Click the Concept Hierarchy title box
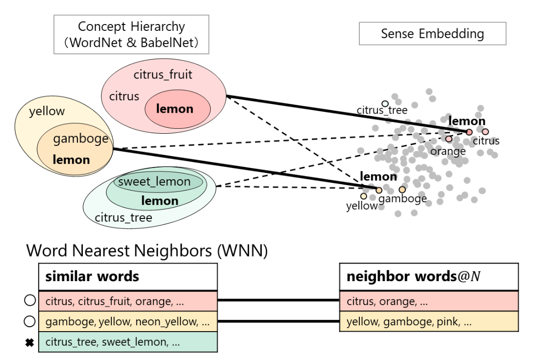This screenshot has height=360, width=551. (131, 34)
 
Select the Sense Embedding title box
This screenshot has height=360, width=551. (432, 34)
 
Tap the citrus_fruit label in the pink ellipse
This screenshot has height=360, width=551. (163, 75)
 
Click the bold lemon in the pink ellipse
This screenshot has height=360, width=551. (175, 109)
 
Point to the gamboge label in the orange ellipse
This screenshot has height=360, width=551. (80, 139)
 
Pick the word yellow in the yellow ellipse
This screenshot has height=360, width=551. (47, 111)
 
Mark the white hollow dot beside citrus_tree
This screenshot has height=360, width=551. (385, 104)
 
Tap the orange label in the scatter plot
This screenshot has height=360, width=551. (448, 151)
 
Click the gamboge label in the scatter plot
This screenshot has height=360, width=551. (402, 198)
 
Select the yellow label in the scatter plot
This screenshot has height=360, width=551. (362, 206)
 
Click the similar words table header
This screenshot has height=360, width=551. (128, 276)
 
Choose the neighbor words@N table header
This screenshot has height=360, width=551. (429, 276)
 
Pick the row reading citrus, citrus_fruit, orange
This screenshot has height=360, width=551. (128, 301)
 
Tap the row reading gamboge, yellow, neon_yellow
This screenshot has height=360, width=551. (128, 321)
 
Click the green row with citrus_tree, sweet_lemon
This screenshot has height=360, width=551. (128, 342)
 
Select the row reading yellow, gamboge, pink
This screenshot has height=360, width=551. (429, 321)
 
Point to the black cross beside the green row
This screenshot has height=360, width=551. (29, 342)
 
